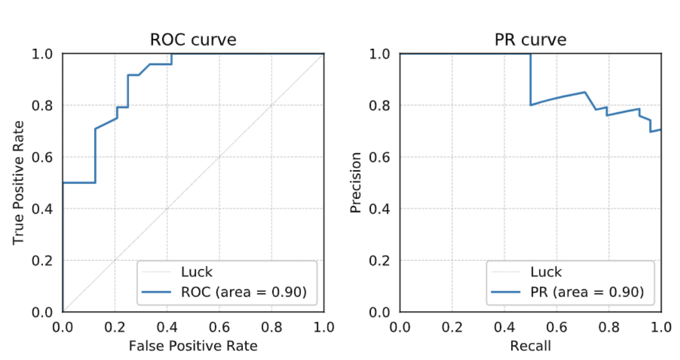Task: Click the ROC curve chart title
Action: coord(193,40)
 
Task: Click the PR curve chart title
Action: coord(530,40)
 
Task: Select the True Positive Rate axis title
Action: coord(19,183)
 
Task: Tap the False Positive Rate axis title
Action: coord(193,345)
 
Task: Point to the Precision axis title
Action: coord(356,183)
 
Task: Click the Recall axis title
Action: coord(530,345)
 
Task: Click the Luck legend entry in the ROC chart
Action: coord(197,271)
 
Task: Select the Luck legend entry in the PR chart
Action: coord(546,271)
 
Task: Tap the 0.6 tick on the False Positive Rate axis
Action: coord(219,327)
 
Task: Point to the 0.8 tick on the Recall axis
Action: coord(609,327)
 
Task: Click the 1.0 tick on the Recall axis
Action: coord(661,327)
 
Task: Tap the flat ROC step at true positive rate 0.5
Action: coord(79,183)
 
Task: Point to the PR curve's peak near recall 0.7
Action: coord(584,92)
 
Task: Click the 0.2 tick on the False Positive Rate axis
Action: coord(115,327)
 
